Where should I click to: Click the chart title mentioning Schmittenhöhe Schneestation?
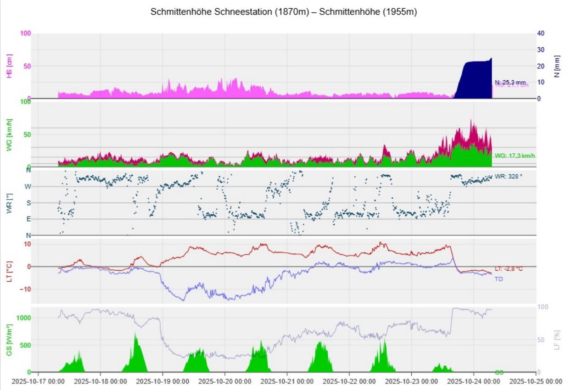283,13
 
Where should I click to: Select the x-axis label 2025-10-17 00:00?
38,381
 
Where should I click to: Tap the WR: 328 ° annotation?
509,176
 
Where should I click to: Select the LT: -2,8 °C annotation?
509,269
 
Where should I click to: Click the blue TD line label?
499,279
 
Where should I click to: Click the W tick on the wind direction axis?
28,187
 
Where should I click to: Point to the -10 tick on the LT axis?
27,289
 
